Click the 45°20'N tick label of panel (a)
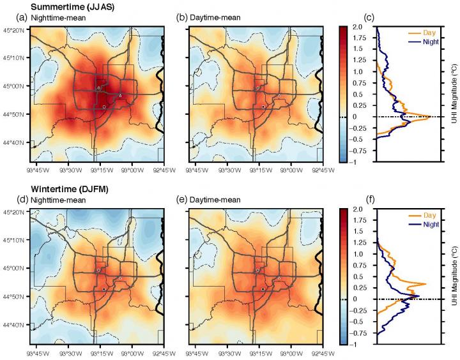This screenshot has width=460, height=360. click(x=13, y=29)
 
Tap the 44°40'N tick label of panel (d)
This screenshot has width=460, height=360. click(x=13, y=326)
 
